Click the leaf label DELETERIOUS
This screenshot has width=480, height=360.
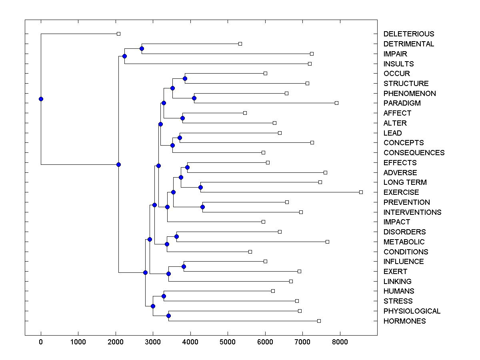(x=408, y=34)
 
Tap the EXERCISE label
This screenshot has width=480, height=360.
(x=401, y=192)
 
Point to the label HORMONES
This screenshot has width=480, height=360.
(x=404, y=321)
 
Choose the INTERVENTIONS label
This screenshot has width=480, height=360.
(x=412, y=212)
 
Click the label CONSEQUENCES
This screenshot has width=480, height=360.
(x=414, y=153)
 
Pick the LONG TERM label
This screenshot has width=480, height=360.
(x=405, y=182)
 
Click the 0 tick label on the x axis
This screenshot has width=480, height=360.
(x=41, y=342)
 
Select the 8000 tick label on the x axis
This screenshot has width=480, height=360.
(x=340, y=342)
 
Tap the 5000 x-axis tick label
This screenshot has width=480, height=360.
(x=228, y=342)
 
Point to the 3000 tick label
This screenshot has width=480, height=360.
(x=153, y=342)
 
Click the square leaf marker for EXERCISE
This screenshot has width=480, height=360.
(x=361, y=192)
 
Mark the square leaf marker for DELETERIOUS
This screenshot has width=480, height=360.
(x=118, y=34)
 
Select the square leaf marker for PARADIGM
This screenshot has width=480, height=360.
(x=336, y=103)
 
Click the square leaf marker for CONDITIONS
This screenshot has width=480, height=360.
(x=250, y=252)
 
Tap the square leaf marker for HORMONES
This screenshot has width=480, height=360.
(x=319, y=321)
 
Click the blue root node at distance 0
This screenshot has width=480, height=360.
(x=41, y=99)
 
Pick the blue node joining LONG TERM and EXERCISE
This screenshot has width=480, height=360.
(x=201, y=187)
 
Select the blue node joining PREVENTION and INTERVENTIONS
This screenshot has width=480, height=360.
(x=202, y=207)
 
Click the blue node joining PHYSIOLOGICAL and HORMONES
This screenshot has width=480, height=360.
(x=168, y=316)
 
